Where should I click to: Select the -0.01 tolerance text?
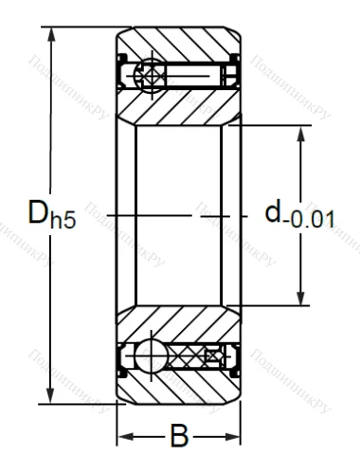pyautogui.click(x=314, y=221)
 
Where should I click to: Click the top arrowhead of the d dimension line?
pyautogui.click(x=300, y=133)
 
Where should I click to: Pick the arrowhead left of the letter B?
pyautogui.click(x=123, y=437)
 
